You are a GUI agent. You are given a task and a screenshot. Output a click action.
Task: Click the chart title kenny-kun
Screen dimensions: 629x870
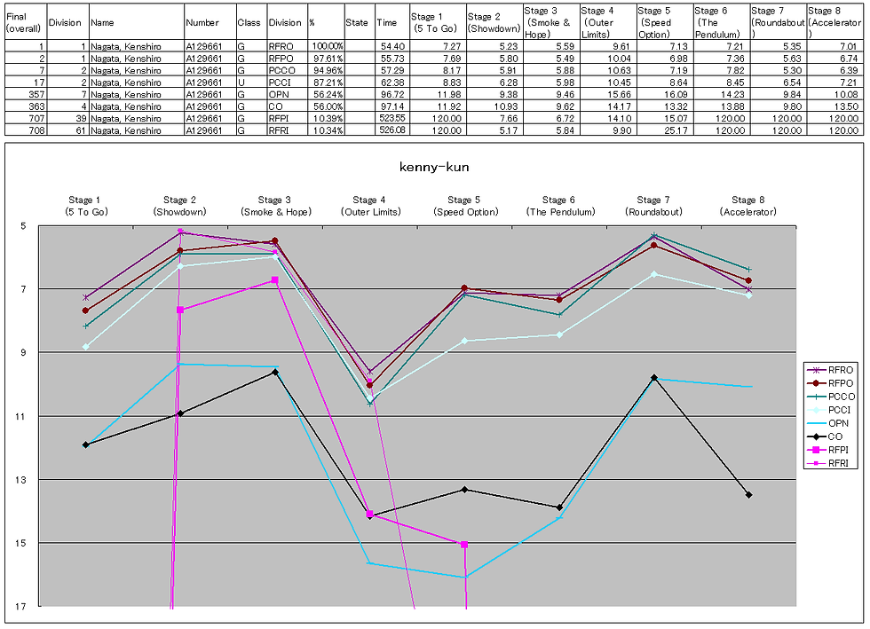click(434, 167)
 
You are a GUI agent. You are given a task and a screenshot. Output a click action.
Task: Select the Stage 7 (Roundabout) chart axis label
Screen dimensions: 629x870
click(654, 206)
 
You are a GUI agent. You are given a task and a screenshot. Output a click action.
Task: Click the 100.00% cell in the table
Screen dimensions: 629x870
click(326, 45)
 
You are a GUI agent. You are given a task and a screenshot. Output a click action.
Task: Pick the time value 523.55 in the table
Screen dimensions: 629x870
click(391, 118)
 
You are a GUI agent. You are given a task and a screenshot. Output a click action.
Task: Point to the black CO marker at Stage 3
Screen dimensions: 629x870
click(275, 373)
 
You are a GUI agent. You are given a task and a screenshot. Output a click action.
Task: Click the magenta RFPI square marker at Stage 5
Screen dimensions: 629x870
click(464, 544)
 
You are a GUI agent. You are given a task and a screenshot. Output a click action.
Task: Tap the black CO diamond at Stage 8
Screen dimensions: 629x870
click(749, 495)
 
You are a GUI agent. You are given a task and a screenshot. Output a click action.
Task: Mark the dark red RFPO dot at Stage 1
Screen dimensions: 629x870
click(85, 311)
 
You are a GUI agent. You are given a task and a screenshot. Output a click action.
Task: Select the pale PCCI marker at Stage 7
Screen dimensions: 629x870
click(654, 274)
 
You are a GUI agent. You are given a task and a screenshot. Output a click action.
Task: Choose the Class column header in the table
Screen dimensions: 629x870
click(249, 22)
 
